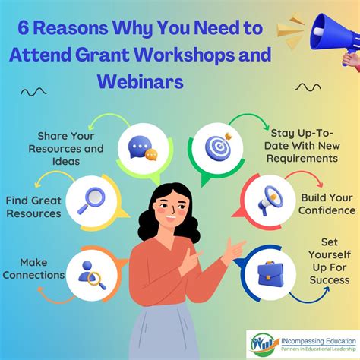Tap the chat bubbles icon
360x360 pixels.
143,148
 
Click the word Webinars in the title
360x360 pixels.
141,81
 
